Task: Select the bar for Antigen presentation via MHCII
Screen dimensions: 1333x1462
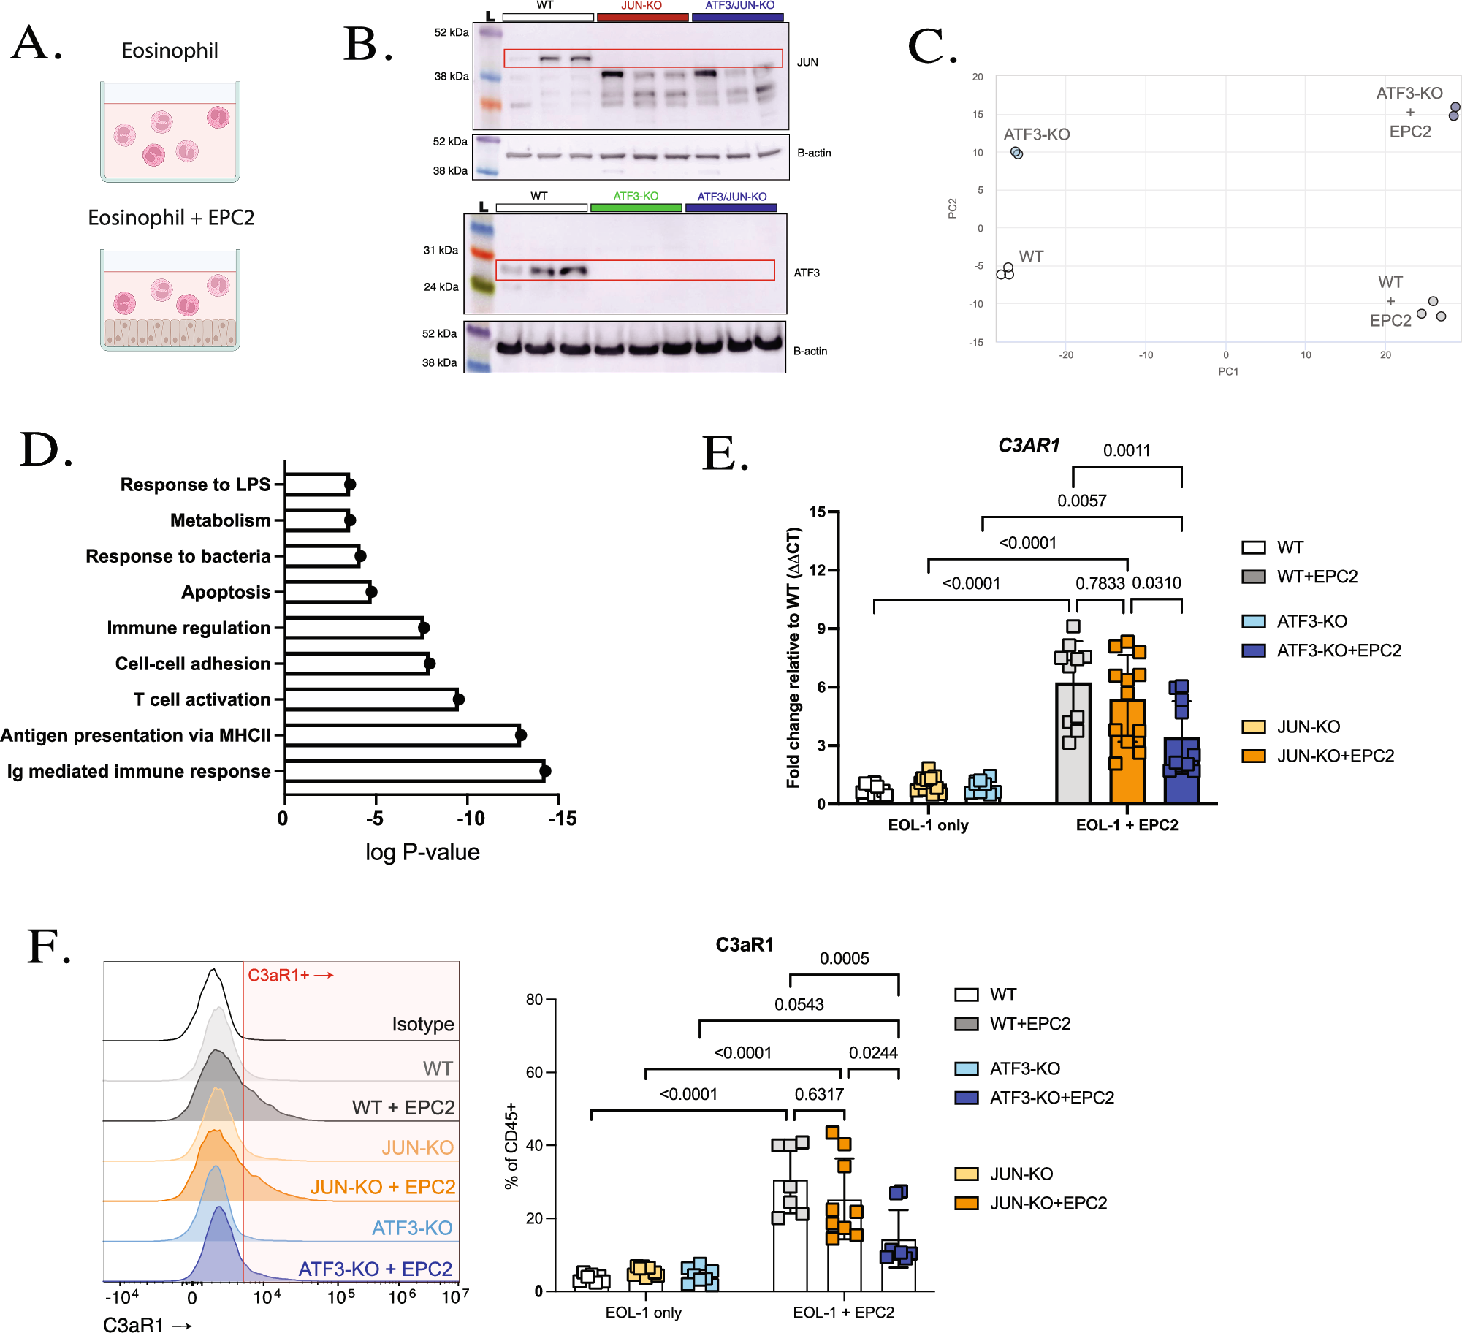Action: (x=402, y=734)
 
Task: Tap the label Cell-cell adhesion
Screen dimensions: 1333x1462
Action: (x=193, y=664)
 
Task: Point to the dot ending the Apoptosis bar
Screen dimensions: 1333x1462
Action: (x=371, y=591)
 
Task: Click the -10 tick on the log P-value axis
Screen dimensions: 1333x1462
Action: (x=470, y=819)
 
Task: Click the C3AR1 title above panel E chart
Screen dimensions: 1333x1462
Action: (x=1028, y=445)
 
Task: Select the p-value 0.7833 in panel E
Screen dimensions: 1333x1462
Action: (x=1100, y=583)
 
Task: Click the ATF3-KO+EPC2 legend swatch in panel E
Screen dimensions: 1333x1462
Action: (x=1253, y=650)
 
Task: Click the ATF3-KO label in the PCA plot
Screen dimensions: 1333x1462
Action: (x=1036, y=134)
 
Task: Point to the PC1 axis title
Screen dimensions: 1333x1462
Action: (x=1227, y=371)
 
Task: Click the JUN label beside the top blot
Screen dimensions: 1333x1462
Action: (x=807, y=62)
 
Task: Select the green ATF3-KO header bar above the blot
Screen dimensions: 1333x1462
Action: (x=636, y=208)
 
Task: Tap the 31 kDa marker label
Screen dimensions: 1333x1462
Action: (x=441, y=250)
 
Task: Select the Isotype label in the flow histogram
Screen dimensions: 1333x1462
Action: (x=422, y=1024)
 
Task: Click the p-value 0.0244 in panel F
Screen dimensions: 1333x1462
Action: (x=873, y=1052)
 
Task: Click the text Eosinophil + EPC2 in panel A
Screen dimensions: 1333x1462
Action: (x=171, y=218)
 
